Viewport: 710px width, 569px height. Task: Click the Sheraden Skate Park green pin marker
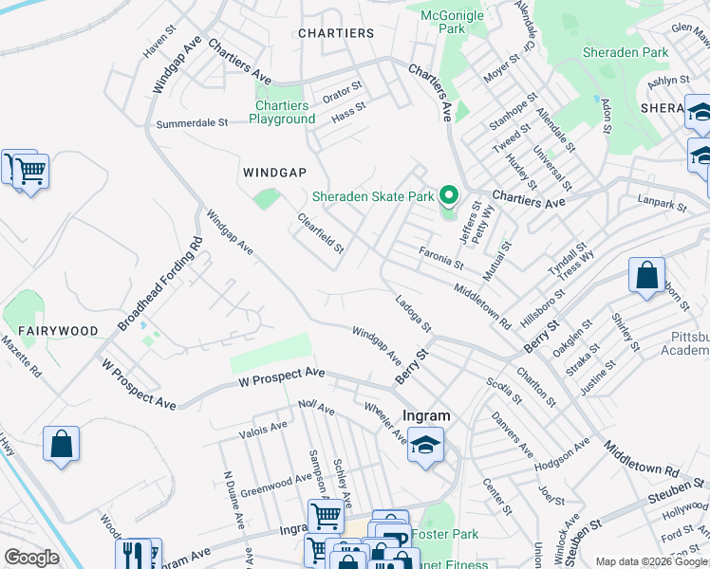point(450,196)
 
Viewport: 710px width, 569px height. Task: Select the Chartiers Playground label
point(282,113)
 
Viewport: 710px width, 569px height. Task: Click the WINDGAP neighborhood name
point(274,172)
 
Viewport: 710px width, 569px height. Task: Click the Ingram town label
point(426,415)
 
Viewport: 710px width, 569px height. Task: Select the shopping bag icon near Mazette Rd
point(61,444)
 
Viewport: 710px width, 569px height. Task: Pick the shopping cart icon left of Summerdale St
point(30,173)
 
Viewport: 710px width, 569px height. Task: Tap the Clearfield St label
point(320,233)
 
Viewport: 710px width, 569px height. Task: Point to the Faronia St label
point(440,256)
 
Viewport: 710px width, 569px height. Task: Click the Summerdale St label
point(193,123)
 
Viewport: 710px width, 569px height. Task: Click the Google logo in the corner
point(31,559)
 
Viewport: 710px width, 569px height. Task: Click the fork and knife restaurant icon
point(133,554)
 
